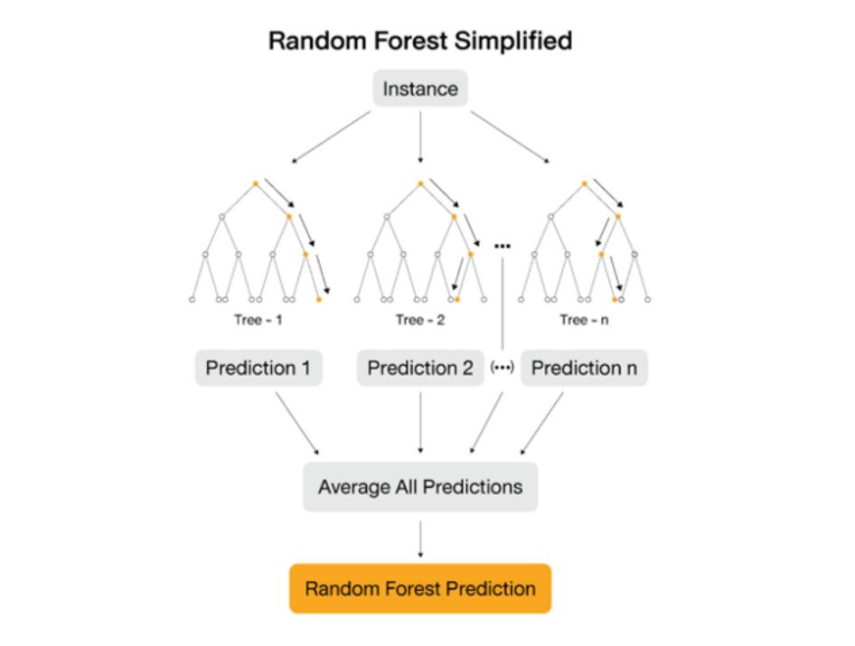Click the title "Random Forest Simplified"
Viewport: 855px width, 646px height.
[420, 42]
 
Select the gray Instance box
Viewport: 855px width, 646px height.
[420, 89]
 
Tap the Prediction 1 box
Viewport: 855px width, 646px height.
[258, 369]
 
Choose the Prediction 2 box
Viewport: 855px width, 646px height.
[420, 369]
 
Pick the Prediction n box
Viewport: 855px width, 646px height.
[584, 369]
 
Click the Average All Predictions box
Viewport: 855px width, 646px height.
[420, 487]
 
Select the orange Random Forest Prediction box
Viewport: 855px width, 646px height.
[420, 589]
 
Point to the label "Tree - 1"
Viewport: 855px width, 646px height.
[258, 320]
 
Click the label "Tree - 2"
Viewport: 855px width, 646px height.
[420, 320]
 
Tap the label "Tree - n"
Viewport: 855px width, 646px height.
[585, 320]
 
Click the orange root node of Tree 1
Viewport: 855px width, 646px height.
[256, 184]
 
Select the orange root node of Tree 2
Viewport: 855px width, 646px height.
[420, 184]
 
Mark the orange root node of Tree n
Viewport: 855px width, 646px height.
[585, 184]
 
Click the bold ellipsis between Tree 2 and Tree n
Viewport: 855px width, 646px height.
[503, 246]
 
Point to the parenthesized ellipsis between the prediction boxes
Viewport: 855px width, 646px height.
[502, 369]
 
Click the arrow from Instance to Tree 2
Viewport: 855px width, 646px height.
[420, 136]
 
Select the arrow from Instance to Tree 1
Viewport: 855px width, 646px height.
[331, 136]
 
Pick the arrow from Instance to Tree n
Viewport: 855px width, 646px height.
[510, 136]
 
